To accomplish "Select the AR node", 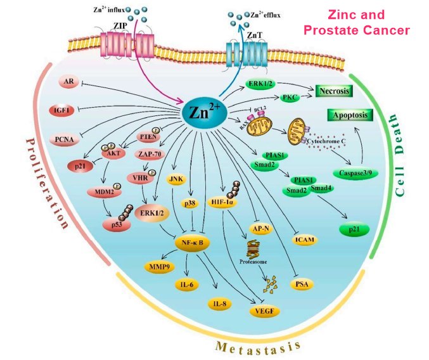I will pos(68,83).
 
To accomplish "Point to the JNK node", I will pos(176,179).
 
